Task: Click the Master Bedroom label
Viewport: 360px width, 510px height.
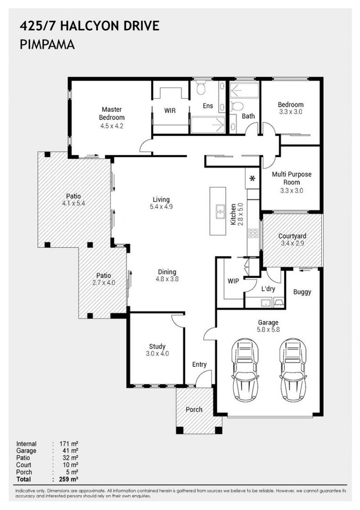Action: (112, 113)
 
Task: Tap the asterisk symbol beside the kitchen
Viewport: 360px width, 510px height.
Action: (252, 178)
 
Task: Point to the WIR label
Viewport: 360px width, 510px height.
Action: (170, 110)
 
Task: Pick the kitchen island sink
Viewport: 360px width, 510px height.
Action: (220, 212)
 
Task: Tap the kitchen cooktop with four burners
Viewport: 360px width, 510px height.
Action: (253, 233)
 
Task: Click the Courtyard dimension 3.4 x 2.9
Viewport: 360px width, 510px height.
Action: (292, 244)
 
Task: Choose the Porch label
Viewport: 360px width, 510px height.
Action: (194, 409)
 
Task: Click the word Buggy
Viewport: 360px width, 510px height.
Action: (302, 292)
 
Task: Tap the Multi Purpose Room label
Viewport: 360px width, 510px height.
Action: (291, 178)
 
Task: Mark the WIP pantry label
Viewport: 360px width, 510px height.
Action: (233, 281)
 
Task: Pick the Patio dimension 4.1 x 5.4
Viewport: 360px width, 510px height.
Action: (74, 204)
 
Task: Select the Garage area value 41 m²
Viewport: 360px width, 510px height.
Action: (70, 450)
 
